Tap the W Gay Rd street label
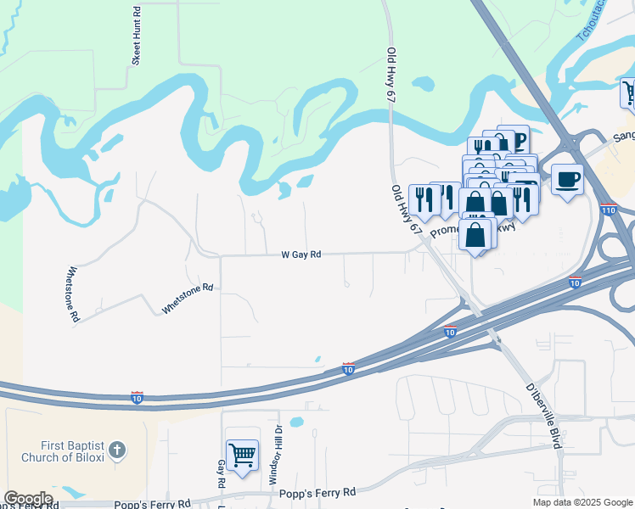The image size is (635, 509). point(301,254)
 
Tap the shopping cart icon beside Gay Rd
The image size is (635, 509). point(242,455)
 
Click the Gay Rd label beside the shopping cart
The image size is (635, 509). point(221,469)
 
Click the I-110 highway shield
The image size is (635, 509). point(607,209)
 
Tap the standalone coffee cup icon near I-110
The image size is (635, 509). point(567,179)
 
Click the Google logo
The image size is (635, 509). point(27,498)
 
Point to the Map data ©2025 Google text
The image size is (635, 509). point(582,502)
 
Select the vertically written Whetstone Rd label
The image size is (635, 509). point(73,294)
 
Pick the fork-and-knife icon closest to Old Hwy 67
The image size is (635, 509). point(423,199)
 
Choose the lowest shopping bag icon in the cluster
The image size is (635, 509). point(476,233)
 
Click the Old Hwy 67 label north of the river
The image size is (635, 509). point(391,76)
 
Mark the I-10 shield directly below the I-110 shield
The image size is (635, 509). point(575,282)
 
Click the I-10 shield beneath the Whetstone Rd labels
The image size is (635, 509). point(137,397)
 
